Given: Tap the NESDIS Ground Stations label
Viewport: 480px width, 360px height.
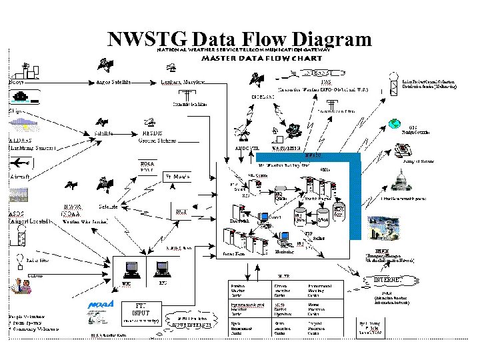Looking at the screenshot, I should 147,137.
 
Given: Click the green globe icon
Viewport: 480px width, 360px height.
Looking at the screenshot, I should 395,123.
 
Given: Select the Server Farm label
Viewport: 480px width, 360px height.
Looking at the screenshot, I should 233,253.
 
